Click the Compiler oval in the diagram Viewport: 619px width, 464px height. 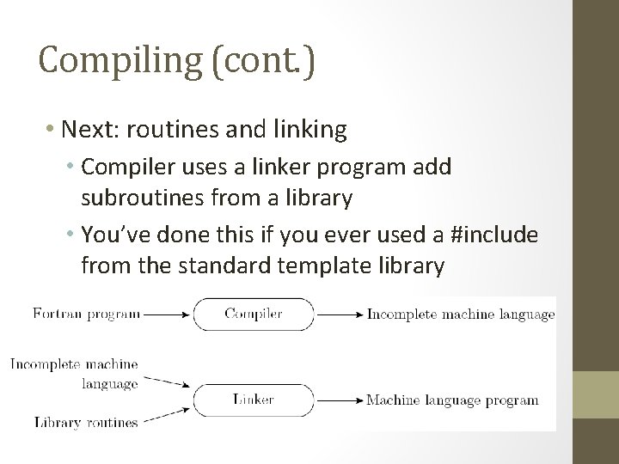tap(254, 314)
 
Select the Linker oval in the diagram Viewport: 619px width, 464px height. tap(254, 400)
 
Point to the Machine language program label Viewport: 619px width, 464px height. tap(452, 400)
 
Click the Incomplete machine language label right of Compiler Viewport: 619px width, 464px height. tap(461, 314)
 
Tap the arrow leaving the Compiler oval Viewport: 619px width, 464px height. tap(338, 314)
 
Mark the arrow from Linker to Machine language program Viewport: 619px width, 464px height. tap(338, 400)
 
